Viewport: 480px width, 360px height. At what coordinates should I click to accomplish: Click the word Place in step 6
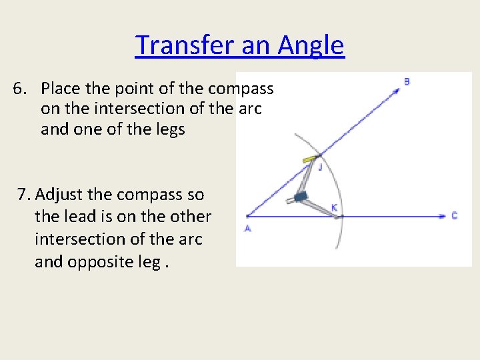pos(61,88)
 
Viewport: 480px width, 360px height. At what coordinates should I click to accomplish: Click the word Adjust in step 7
pos(59,195)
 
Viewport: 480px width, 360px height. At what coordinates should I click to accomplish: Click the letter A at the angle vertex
pos(247,228)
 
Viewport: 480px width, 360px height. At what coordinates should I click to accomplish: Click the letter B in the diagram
pos(407,82)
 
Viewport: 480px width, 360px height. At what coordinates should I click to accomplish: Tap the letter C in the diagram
pos(454,215)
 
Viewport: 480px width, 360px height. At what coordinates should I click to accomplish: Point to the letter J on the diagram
pos(320,167)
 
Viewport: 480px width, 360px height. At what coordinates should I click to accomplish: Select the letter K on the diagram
pos(334,208)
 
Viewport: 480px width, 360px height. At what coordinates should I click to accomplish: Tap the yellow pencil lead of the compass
pos(309,159)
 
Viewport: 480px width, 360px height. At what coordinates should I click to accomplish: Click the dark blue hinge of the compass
pos(300,197)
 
